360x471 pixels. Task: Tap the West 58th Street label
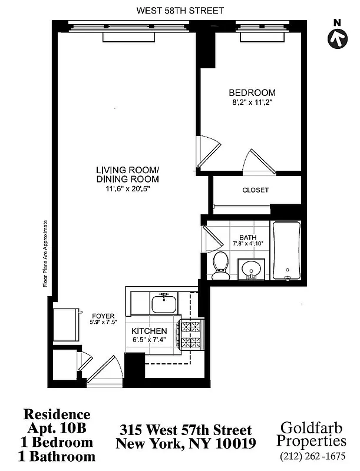180,11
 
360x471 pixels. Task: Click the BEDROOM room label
252,93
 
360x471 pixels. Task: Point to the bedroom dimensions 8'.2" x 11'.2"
252,102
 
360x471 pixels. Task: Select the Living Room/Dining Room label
128,175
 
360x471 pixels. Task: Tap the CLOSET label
256,190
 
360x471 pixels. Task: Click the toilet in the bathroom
222,266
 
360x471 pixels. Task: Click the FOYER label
102,316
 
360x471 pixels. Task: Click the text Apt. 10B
57,429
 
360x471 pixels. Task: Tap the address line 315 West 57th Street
186,430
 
